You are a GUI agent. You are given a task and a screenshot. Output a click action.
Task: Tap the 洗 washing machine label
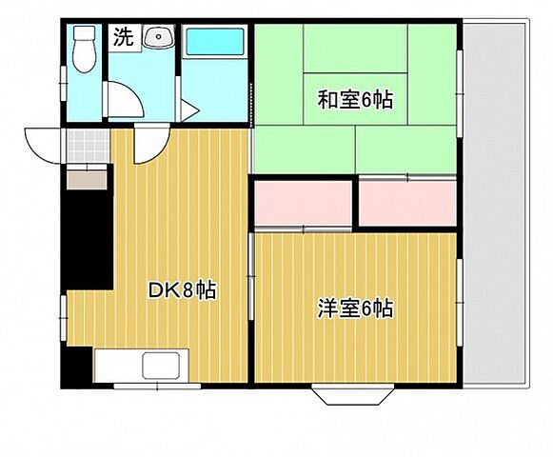coord(124,38)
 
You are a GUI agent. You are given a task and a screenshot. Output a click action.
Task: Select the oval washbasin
coord(158,39)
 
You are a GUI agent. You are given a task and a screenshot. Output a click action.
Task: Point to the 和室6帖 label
coord(355,98)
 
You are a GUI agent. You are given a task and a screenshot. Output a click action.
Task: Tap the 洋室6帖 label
coord(355,308)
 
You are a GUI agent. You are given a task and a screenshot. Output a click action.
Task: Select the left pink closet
coord(304,202)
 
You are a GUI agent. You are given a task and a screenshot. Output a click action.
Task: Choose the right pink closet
coord(408,202)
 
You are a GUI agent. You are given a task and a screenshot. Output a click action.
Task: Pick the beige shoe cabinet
coord(88,178)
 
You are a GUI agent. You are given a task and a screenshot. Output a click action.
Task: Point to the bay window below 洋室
coord(352,393)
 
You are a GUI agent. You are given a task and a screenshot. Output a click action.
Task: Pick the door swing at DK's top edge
coord(148,146)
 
